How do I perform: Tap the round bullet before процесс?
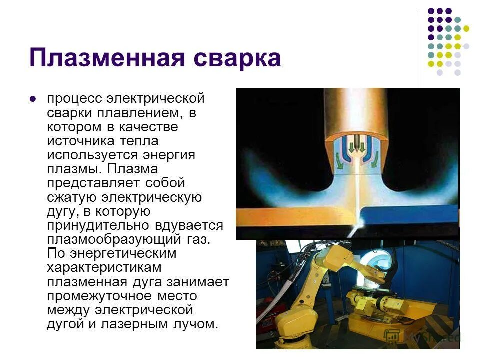[33, 99]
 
